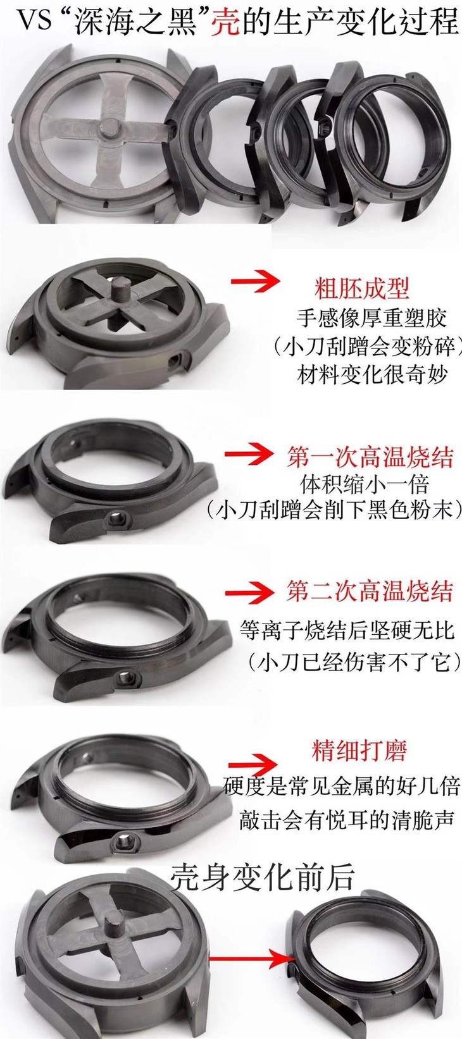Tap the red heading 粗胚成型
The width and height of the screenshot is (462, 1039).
(x=362, y=288)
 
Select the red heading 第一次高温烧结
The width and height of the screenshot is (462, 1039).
(x=370, y=457)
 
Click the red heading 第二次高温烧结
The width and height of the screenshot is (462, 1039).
(x=370, y=591)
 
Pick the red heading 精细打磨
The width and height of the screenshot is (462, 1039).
(x=359, y=751)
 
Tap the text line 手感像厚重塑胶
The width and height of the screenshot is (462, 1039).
(x=371, y=317)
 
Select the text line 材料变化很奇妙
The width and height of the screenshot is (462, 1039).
(x=372, y=374)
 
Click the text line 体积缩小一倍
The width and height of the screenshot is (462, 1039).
(x=365, y=484)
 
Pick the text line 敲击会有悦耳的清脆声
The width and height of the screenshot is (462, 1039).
(x=347, y=820)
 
